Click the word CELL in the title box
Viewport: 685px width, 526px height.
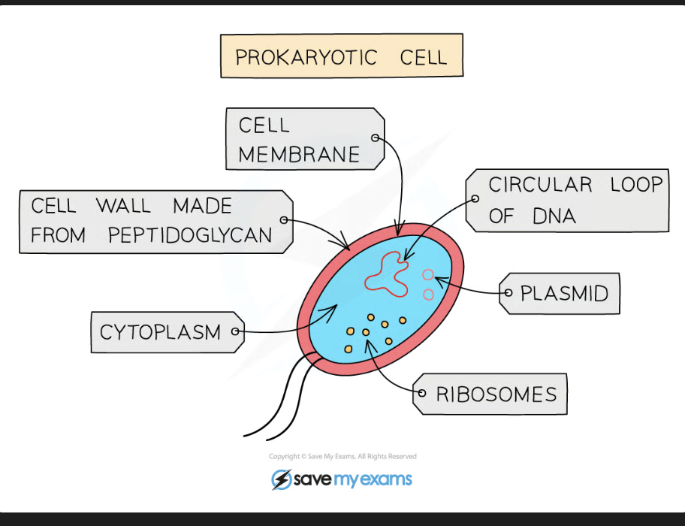point(424,57)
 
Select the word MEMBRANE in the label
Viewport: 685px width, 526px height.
point(299,155)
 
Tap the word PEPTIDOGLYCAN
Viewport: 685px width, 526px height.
point(189,235)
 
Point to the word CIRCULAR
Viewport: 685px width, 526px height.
point(540,185)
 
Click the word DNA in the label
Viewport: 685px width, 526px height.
point(554,216)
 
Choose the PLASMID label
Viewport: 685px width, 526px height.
point(564,293)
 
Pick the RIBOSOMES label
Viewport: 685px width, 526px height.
point(496,394)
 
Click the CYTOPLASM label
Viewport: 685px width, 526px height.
point(160,332)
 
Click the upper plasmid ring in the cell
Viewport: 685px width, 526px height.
point(428,276)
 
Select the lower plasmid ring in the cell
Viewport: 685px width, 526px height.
point(428,295)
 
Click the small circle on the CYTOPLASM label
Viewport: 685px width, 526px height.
point(236,331)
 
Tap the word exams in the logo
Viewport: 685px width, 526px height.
point(385,479)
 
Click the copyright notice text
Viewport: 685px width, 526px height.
point(342,456)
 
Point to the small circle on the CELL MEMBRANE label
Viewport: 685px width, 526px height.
point(375,138)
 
